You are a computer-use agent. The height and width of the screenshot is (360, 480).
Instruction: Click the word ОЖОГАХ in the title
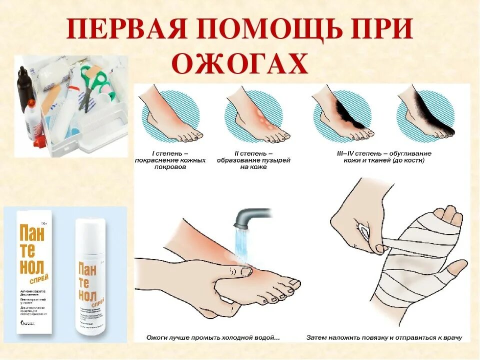239,64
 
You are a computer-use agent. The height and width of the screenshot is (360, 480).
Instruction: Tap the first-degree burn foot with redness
172,117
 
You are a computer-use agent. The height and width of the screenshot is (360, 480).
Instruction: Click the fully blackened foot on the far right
427,117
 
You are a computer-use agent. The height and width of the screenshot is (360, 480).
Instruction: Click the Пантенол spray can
89,280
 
